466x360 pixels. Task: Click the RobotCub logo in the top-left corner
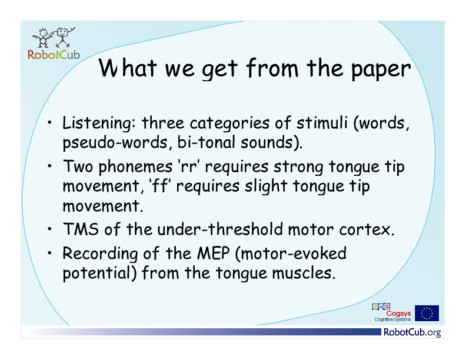54,44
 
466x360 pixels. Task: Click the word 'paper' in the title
381,69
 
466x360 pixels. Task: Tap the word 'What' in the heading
128,68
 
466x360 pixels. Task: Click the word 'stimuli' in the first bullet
322,122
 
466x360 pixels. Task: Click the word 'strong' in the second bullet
298,167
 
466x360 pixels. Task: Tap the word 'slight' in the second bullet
266,187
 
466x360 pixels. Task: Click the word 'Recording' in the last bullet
100,254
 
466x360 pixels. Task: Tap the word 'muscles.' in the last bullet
304,273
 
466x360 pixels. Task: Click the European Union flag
427,313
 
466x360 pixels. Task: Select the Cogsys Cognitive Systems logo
391,312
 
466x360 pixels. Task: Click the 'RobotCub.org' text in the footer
412,332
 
